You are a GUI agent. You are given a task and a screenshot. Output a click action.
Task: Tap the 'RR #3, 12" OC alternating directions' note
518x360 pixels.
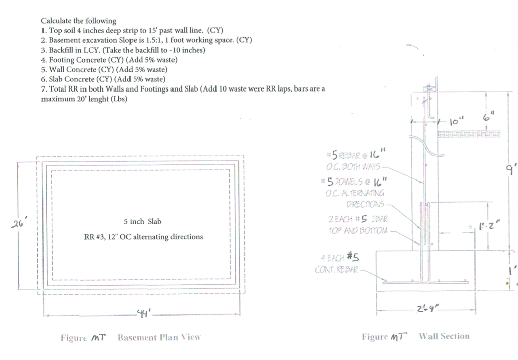coord(143,236)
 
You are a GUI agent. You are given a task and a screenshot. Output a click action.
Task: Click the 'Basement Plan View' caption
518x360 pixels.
coord(159,337)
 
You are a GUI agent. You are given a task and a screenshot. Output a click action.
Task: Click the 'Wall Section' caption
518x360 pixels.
coord(444,336)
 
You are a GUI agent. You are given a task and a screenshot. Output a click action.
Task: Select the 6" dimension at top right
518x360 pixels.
coord(488,117)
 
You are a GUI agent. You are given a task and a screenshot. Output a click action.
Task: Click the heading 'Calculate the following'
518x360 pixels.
coord(78,21)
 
